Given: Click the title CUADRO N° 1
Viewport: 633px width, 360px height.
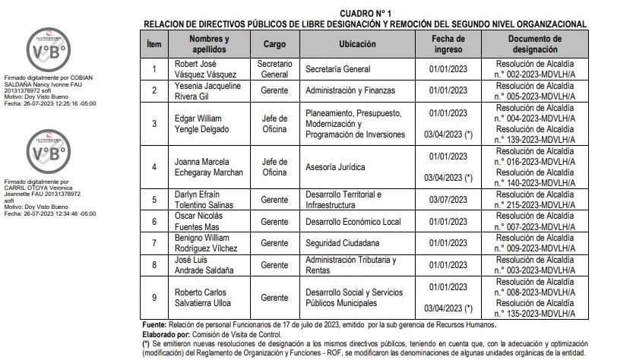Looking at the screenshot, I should coord(365,14).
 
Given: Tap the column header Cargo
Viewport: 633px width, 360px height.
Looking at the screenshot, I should coord(274,45).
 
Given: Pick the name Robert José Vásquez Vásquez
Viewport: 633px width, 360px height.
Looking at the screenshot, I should coord(205,69).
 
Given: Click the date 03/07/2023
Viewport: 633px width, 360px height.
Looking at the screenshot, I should coord(449,200).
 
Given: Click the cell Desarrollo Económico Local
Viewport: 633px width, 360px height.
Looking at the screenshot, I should coord(353,221).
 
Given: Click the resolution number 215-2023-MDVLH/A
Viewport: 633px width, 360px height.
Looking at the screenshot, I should coord(535,205).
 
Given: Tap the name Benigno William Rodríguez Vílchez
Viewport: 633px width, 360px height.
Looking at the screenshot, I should coord(208,243).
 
